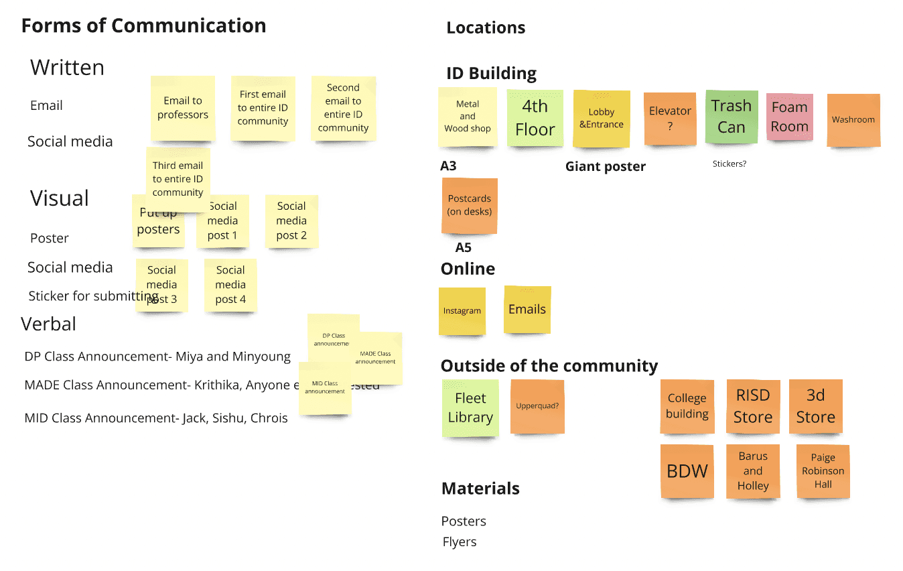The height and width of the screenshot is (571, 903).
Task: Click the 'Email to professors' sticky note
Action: tap(183, 108)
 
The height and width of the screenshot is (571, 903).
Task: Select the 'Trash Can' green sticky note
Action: tap(732, 117)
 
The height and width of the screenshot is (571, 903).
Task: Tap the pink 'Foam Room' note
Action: tap(789, 117)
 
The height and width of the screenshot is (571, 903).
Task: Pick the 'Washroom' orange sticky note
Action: tap(853, 120)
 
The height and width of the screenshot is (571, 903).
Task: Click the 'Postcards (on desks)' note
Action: tap(469, 205)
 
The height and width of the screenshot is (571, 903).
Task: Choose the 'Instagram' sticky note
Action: tap(462, 311)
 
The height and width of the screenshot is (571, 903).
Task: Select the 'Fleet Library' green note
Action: tap(470, 407)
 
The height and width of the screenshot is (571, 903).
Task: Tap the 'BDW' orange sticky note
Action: tap(687, 470)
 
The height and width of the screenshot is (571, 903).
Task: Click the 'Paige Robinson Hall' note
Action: tap(823, 471)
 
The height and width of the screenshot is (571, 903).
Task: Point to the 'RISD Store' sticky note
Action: tap(752, 406)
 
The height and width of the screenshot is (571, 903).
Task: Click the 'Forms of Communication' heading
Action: tap(143, 25)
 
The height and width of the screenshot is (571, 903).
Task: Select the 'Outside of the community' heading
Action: tap(549, 366)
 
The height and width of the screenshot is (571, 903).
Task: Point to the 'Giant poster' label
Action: tap(605, 167)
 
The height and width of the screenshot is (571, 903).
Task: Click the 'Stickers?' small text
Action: tap(729, 164)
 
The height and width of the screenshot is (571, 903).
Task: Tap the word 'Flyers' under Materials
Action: tap(460, 542)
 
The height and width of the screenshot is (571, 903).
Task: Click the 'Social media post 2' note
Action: tap(291, 220)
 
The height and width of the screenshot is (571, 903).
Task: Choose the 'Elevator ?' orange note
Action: tap(670, 117)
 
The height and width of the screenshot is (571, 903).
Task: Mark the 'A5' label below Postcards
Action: tap(463, 248)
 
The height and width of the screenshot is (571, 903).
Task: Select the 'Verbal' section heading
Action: tap(48, 324)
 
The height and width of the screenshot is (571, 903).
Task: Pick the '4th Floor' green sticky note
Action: tap(535, 117)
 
